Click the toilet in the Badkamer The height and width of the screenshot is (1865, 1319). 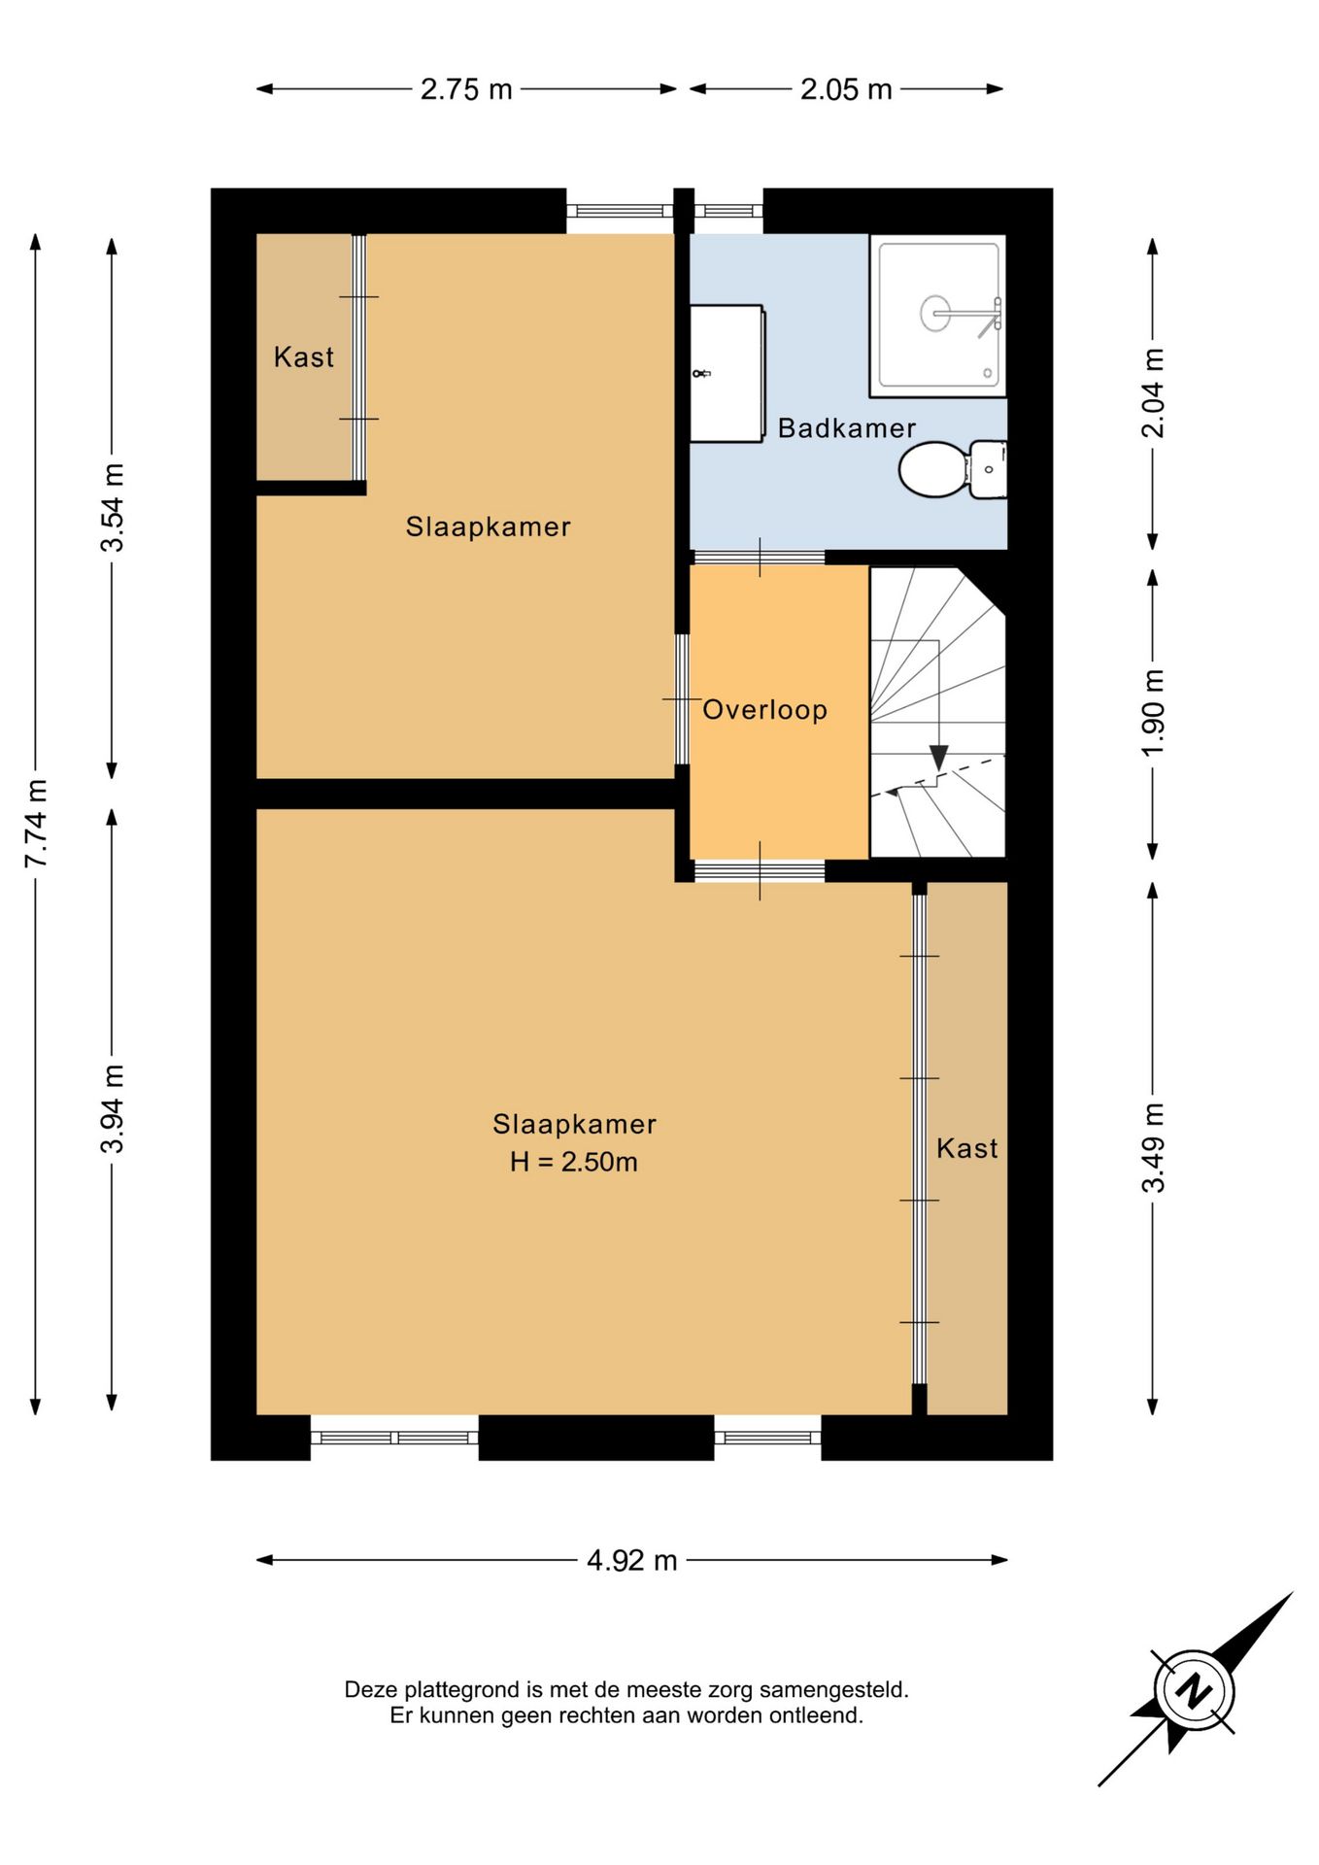(x=952, y=470)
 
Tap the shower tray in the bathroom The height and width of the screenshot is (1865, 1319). (x=937, y=316)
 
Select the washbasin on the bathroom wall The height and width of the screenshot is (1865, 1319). (x=727, y=374)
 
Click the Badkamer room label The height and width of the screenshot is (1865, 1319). (x=847, y=428)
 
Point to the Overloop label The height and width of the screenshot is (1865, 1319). (x=764, y=710)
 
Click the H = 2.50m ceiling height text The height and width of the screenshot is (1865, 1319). (x=574, y=1162)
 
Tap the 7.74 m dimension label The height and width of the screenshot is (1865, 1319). (x=36, y=824)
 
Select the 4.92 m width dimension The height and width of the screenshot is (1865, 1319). (x=632, y=1560)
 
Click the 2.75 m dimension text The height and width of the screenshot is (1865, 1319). (x=466, y=89)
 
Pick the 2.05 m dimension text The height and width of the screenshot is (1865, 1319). (x=846, y=89)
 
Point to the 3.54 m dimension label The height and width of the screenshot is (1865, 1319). (x=113, y=508)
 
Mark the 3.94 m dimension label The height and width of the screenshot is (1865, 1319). (x=113, y=1109)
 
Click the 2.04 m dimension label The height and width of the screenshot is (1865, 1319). (x=1153, y=393)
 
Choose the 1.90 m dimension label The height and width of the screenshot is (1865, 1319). (x=1153, y=714)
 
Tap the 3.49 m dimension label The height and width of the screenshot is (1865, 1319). (x=1153, y=1148)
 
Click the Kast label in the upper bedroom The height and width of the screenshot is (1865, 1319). (x=304, y=357)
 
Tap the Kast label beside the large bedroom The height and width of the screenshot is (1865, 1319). (x=967, y=1148)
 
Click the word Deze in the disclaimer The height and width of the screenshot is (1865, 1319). (x=371, y=1689)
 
